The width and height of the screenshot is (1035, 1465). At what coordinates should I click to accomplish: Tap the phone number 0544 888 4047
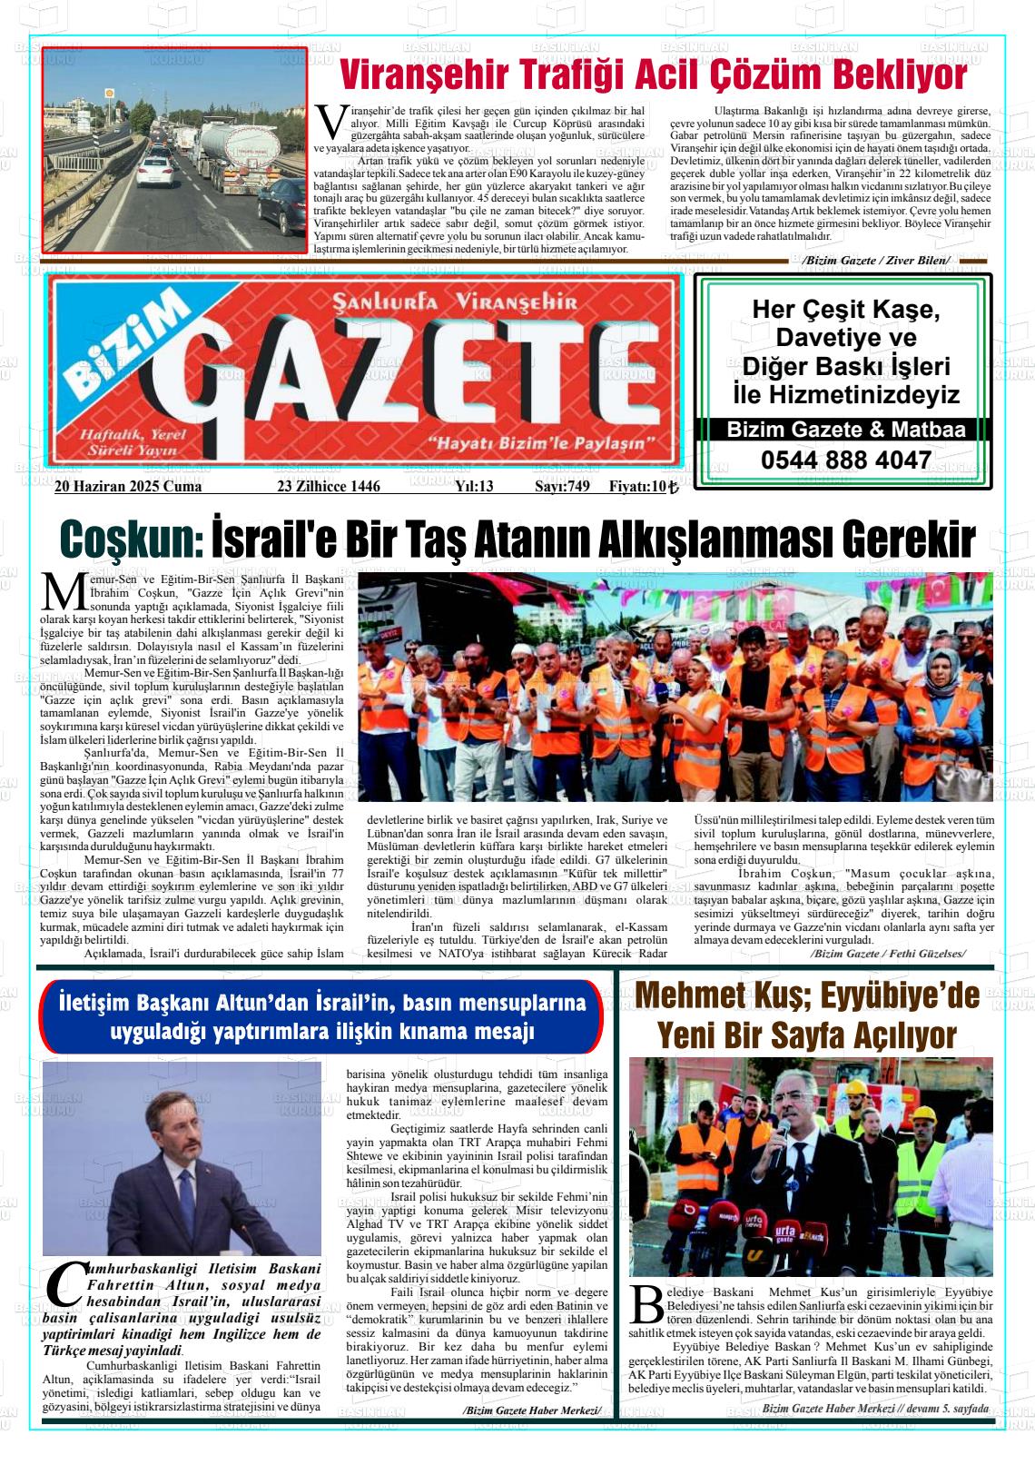846,460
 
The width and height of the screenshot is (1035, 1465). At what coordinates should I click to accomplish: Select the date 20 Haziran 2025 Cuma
128,487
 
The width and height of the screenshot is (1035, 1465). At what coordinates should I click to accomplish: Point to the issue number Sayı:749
562,487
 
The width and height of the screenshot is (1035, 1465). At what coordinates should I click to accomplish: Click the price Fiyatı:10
643,487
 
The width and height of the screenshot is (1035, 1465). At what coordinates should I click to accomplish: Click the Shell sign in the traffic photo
111,93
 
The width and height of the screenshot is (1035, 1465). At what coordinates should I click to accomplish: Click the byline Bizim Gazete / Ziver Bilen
876,261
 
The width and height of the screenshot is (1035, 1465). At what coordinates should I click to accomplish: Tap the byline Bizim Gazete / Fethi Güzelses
887,954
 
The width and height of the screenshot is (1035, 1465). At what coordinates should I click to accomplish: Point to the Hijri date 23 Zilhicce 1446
328,487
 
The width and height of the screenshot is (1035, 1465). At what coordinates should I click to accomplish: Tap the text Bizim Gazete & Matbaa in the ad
846,430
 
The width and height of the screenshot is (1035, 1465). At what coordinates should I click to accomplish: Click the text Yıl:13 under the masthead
473,487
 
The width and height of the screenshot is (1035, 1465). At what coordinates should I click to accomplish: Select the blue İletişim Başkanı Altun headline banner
322,1017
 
